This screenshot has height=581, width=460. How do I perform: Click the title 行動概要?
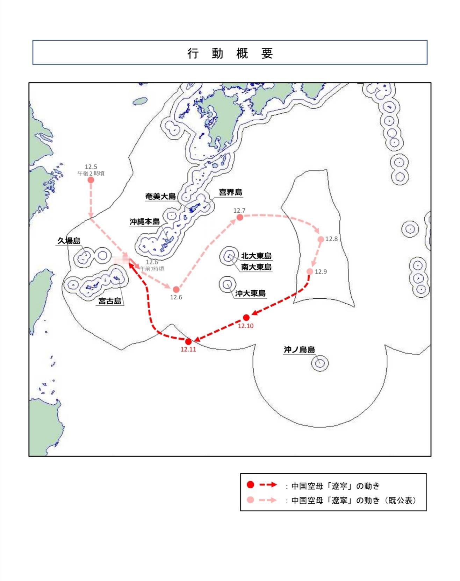click(230, 54)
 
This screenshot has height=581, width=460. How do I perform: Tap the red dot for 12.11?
click(188, 341)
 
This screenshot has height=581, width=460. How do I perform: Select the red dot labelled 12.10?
click(246, 318)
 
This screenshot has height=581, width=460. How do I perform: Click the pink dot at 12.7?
click(240, 217)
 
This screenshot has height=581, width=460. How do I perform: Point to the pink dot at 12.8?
click(321, 239)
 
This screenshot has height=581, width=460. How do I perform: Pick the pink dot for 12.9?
click(310, 271)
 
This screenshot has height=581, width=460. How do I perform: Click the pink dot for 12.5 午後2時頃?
click(91, 180)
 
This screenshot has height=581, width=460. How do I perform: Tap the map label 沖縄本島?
click(145, 222)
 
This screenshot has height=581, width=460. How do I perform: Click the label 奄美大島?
click(160, 197)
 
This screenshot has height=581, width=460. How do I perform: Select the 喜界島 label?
click(230, 192)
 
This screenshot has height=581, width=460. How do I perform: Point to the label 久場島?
click(69, 241)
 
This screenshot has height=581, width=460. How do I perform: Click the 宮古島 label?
click(110, 301)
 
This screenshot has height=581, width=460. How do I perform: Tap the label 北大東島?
click(256, 256)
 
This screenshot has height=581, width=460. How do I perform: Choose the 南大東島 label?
click(256, 267)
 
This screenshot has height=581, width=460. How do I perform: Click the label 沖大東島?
click(250, 293)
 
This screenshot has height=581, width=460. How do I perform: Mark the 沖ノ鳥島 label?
click(299, 349)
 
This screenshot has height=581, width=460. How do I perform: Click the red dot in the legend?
click(250, 485)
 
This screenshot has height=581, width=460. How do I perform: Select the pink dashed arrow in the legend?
click(268, 500)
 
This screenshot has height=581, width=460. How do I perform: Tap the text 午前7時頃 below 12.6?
click(152, 269)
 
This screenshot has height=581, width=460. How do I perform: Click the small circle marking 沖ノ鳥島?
click(320, 363)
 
